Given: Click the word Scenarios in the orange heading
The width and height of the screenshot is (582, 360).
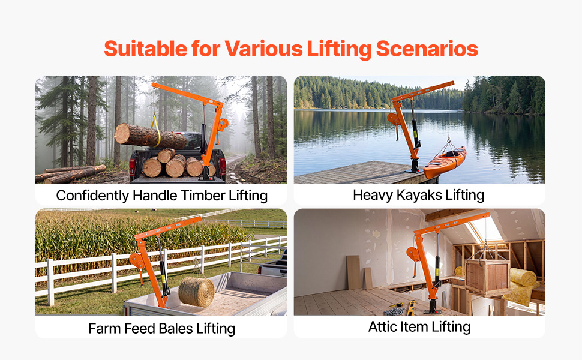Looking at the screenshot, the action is point(427,49).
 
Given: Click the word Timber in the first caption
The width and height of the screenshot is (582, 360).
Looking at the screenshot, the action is point(203,196).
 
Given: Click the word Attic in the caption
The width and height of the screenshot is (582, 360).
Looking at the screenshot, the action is point(382,327).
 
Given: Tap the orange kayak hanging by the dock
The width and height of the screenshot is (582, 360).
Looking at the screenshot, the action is point(445,163).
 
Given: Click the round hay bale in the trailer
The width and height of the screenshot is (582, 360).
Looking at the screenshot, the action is point(197,292).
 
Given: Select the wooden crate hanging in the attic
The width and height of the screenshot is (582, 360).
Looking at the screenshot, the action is point(487,277).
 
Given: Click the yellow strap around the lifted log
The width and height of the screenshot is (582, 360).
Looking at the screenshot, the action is point(157,130).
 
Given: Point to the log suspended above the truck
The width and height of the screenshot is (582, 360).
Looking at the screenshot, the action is point(150,136).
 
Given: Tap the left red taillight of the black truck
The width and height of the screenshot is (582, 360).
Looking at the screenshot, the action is point(133,167).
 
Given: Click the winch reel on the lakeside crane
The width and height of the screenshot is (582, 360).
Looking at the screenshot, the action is point(394,119).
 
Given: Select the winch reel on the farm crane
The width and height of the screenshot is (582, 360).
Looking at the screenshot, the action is point(137,261).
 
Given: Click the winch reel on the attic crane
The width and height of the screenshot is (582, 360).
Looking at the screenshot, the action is point(413,254).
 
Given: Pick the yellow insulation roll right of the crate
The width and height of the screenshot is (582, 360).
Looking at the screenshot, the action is point(523,277).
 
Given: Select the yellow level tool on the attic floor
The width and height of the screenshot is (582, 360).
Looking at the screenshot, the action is point(411,307).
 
